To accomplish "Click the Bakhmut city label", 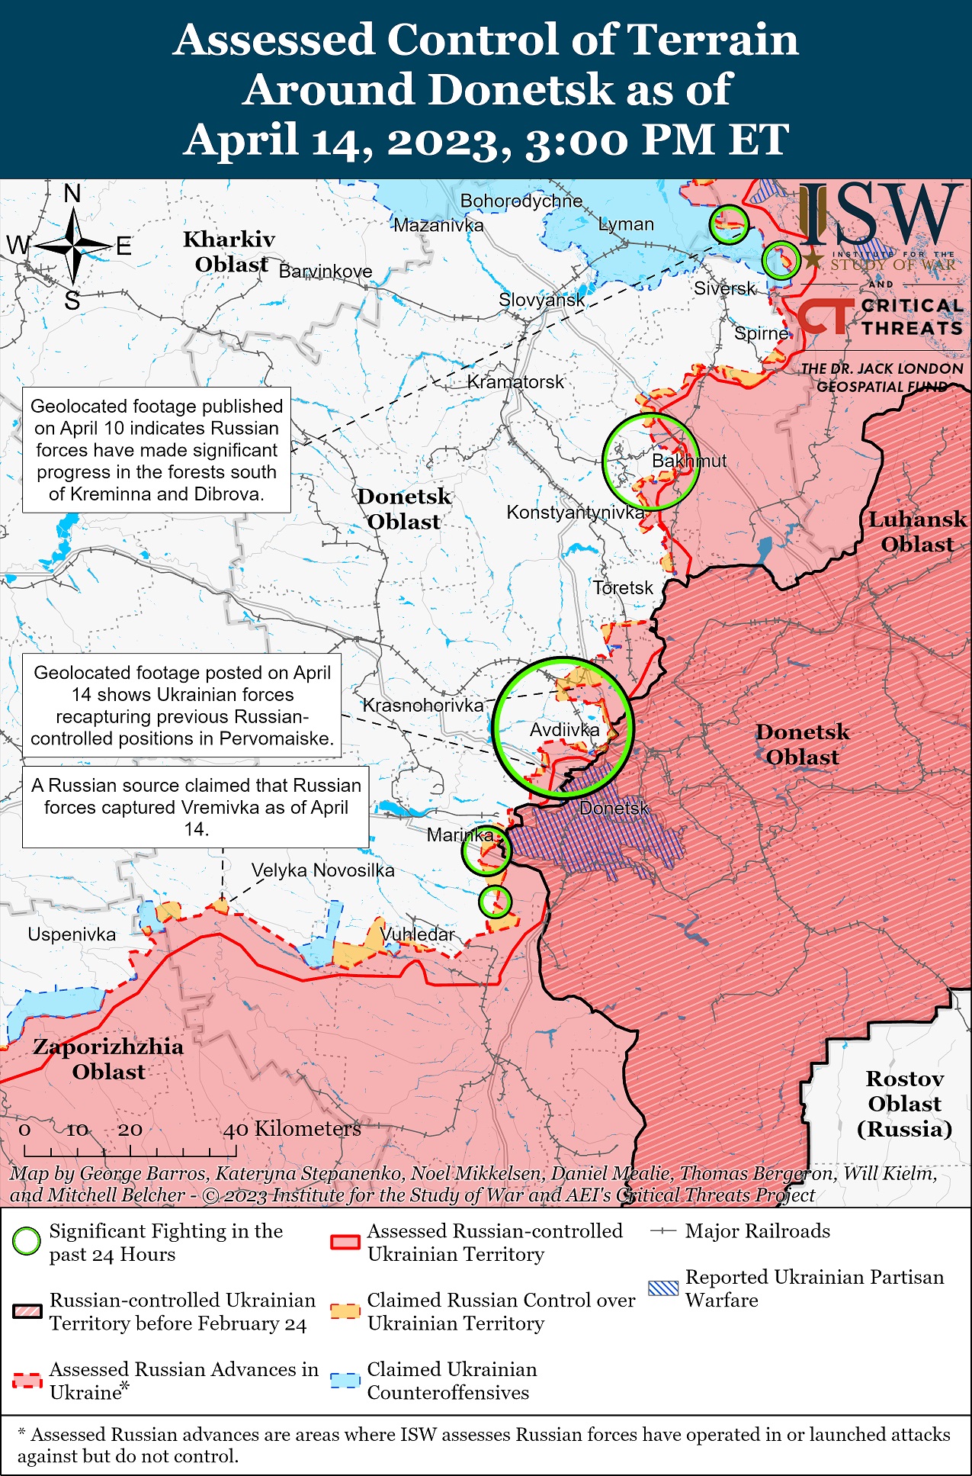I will coord(688,461).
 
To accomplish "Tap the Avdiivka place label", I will coord(564,730).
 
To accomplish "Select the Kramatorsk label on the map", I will coord(515,381).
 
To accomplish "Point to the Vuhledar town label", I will coord(417,934).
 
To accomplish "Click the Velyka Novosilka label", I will coord(323,870).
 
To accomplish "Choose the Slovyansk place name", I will coord(541,300).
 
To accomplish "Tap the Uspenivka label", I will coord(72,934).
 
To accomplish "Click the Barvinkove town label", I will coord(326,272).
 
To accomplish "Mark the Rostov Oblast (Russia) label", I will coord(904,1104).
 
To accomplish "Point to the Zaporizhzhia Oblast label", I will coord(108,1059).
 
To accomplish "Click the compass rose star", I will coord(73,246).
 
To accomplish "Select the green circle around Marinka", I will coord(486,850).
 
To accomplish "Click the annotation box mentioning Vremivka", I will coord(196,807).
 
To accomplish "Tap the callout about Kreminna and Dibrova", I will coord(156,450).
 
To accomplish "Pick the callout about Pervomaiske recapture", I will coord(182,705).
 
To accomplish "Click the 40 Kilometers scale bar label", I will coord(292,1129).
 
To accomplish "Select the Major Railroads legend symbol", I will coord(663,1231).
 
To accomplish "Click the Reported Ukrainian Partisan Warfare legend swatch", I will coord(662,1288).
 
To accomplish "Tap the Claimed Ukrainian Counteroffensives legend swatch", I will coord(345,1381).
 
